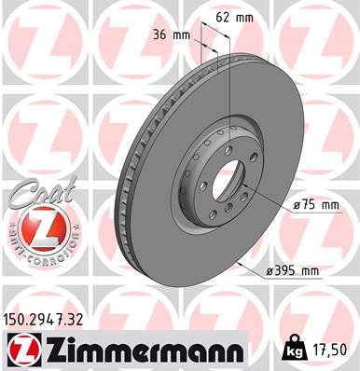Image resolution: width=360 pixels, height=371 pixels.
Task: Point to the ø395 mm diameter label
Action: click(x=295, y=271)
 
